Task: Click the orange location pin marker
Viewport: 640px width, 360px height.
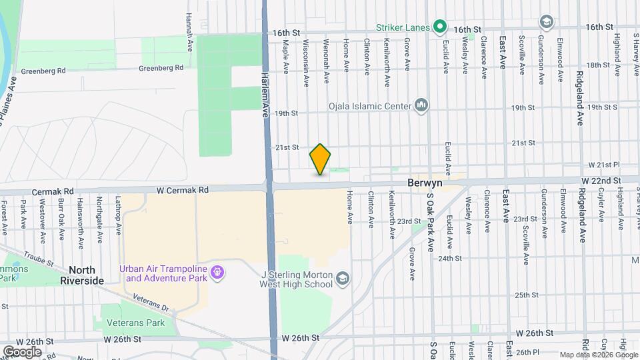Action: click(320, 159)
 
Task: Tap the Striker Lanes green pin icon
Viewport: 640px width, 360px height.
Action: click(440, 27)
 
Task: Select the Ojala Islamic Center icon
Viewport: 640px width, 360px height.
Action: click(421, 106)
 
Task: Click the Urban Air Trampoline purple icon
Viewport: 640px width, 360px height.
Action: click(217, 273)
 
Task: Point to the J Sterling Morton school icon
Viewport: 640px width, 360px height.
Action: click(343, 278)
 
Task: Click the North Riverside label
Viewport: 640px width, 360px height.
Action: click(86, 275)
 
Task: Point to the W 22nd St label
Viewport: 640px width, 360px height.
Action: click(601, 181)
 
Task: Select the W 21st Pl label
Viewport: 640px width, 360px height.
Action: click(604, 164)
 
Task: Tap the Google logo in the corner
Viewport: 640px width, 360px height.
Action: click(22, 352)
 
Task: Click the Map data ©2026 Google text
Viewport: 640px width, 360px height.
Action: click(599, 355)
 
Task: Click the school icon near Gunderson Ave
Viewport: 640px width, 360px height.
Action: click(547, 22)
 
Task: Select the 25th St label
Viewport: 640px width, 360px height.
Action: click(526, 295)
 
